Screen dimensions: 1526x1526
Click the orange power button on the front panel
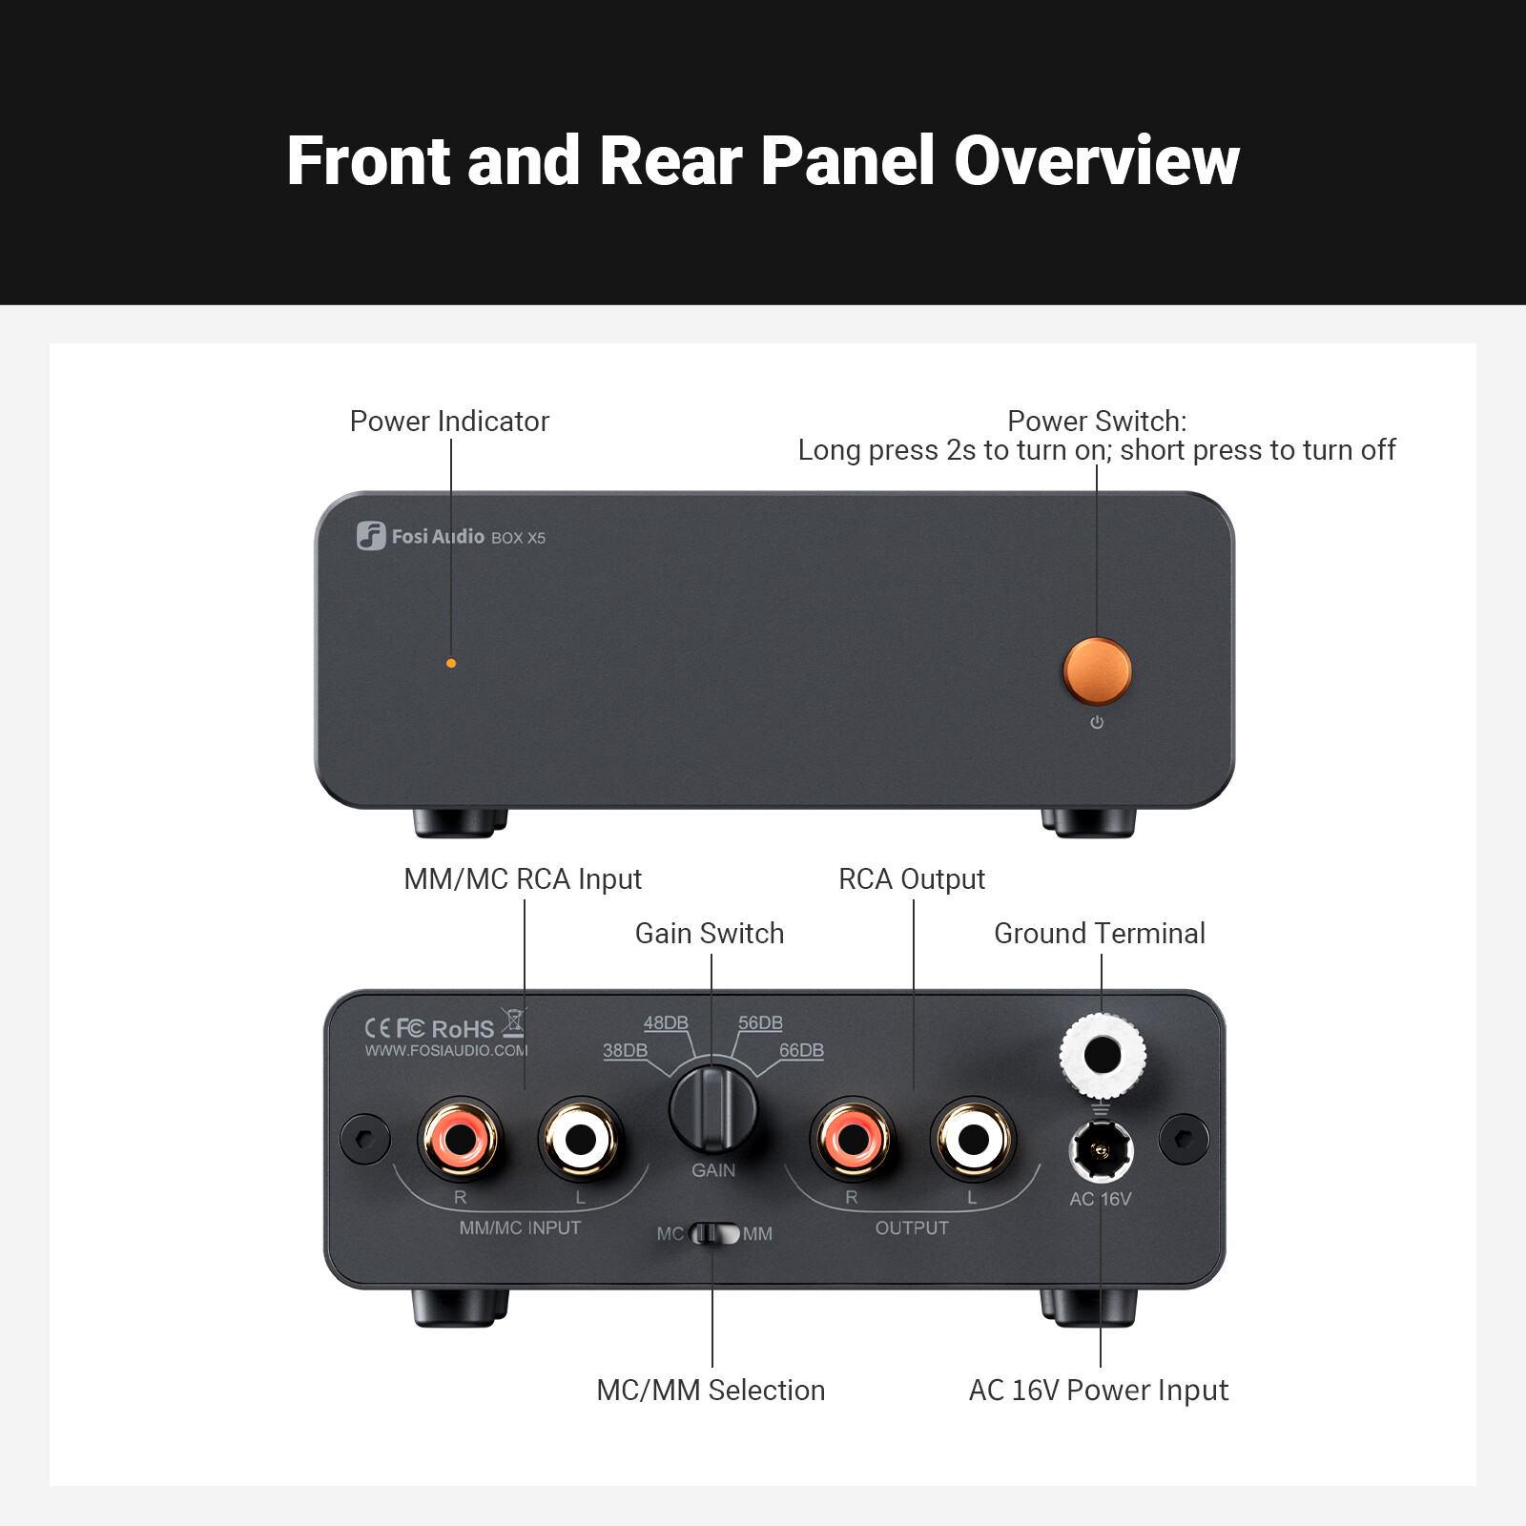pos(1097,670)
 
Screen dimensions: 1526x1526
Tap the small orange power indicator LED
pos(451,663)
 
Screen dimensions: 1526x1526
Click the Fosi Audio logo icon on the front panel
pos(371,536)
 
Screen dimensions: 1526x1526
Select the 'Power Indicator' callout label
pos(449,421)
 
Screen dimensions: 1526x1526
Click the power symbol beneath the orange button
pos(1097,723)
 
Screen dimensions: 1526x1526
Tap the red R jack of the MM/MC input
pos(460,1137)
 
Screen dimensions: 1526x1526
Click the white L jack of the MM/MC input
pos(580,1139)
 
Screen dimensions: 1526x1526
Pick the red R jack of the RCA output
pos(853,1137)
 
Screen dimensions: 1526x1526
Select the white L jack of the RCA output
pos(973,1139)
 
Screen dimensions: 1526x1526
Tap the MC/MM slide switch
pos(714,1234)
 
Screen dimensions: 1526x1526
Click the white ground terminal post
pos(1103,1056)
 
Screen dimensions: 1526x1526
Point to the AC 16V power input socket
pos(1102,1150)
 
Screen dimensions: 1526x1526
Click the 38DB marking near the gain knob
pos(625,1050)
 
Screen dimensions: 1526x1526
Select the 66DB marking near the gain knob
pos(801,1050)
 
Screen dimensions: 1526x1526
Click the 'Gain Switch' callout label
pos(710,933)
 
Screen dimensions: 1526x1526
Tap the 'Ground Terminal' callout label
pos(1100,933)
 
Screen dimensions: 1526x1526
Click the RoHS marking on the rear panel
pos(463,1029)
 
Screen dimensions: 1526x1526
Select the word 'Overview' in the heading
pos(1096,160)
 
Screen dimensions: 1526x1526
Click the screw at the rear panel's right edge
pos(1184,1139)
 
